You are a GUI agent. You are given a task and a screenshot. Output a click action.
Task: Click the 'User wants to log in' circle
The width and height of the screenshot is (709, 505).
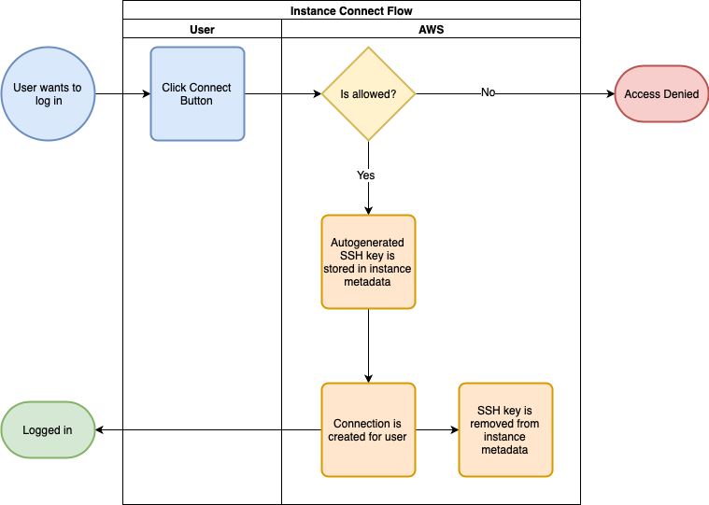[48, 94]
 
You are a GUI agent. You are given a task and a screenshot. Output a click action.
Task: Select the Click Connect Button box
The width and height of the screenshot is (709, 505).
[198, 94]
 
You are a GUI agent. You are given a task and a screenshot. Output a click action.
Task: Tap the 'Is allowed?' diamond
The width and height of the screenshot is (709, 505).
[369, 94]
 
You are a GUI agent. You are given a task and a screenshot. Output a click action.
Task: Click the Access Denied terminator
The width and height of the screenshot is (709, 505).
[661, 94]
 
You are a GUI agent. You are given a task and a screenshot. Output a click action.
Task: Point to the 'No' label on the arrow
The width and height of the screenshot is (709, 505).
[488, 92]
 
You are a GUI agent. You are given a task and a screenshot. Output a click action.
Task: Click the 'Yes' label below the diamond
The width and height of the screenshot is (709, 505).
[366, 175]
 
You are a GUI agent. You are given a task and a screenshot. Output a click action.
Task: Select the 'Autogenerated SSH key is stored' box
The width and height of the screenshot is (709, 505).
[369, 262]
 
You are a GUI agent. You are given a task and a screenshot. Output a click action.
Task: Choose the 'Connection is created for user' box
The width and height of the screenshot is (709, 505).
[369, 430]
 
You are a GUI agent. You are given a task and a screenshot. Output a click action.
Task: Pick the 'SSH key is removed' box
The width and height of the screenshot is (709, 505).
[505, 430]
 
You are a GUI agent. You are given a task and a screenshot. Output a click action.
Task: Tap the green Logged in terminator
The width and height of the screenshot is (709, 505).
[48, 430]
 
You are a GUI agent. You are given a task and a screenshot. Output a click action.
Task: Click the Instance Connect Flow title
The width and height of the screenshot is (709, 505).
[351, 11]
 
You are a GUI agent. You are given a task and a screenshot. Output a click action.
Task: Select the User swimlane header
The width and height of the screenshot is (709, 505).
[202, 30]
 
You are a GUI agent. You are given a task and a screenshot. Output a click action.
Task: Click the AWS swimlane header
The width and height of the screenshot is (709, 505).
[432, 30]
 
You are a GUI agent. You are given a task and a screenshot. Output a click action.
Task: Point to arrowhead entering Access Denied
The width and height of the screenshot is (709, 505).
[610, 94]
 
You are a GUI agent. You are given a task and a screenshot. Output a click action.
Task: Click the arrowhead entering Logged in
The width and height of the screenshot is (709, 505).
[99, 430]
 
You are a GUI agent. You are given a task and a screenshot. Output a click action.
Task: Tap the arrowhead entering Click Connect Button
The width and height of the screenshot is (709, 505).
[147, 94]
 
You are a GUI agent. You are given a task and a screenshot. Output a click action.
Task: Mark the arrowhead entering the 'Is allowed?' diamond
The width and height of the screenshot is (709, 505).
[318, 94]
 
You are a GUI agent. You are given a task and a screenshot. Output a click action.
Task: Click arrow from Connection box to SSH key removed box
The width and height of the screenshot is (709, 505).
[437, 430]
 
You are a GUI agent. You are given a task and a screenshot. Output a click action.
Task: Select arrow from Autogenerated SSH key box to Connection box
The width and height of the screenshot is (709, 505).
[369, 346]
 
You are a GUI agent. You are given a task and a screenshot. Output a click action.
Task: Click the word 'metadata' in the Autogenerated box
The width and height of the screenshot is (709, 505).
[367, 282]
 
